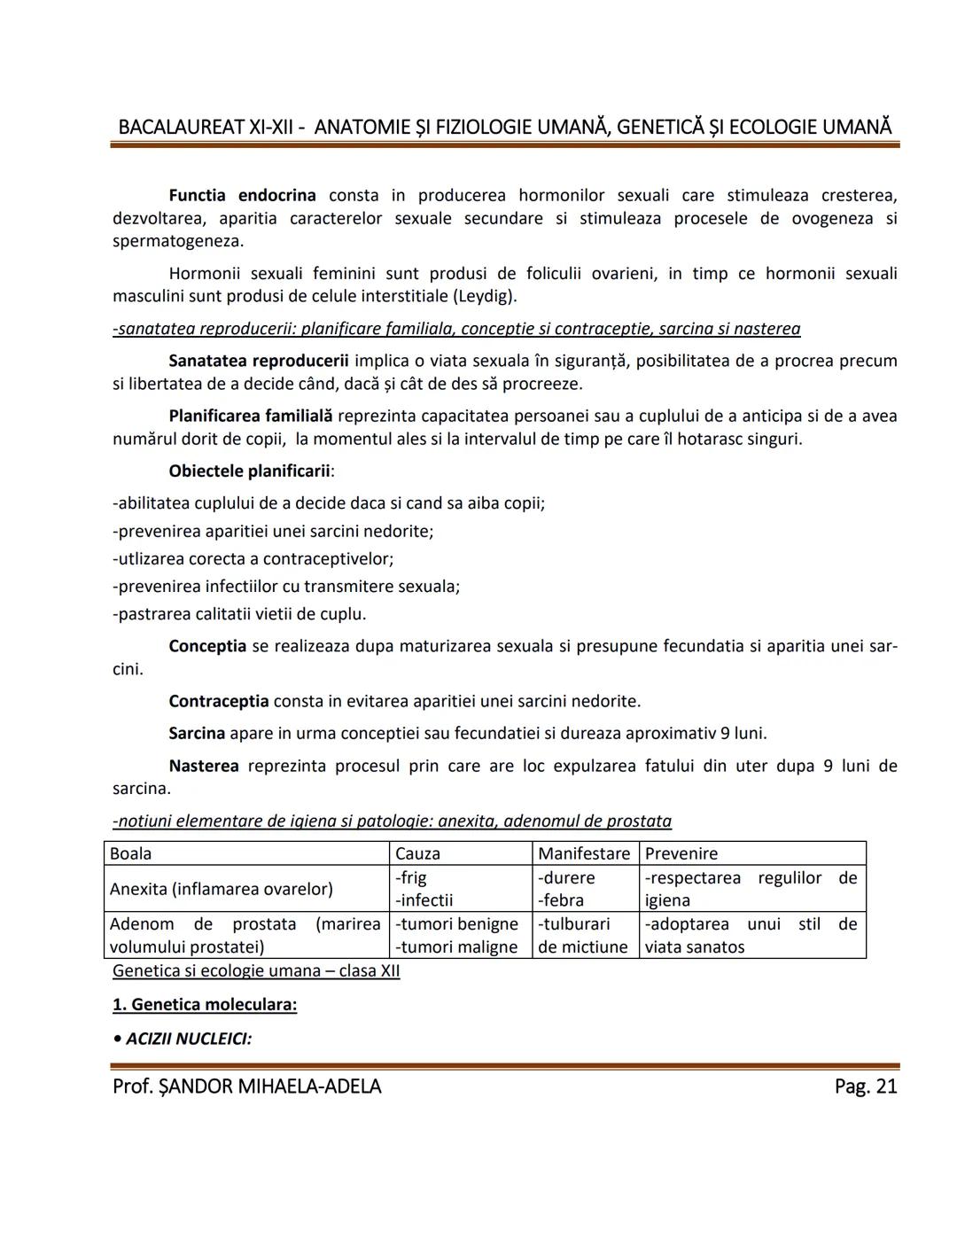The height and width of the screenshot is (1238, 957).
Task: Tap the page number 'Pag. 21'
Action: pos(865,1086)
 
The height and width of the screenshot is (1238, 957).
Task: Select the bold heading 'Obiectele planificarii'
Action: pos(249,471)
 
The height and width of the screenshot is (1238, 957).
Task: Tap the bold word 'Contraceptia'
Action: pos(218,701)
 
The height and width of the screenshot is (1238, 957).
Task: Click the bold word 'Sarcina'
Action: pos(197,733)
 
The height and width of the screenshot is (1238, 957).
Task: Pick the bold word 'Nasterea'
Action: pos(203,766)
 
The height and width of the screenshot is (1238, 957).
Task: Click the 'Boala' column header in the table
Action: pos(130,853)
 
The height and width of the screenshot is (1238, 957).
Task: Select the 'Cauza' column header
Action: pos(417,853)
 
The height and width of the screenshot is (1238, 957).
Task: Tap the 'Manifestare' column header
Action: pos(584,853)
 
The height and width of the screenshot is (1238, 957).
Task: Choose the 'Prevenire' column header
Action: pos(681,853)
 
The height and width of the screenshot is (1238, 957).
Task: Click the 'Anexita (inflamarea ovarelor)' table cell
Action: pos(221,889)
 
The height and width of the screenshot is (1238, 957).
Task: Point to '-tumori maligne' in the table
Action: pos(456,946)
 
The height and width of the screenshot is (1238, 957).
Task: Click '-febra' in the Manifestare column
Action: pos(561,900)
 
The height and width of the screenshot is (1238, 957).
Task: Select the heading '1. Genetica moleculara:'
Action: pos(205,1004)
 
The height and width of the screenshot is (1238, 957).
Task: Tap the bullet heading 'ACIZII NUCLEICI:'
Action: pos(188,1038)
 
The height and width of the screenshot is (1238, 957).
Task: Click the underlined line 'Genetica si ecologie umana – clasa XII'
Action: pos(256,970)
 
